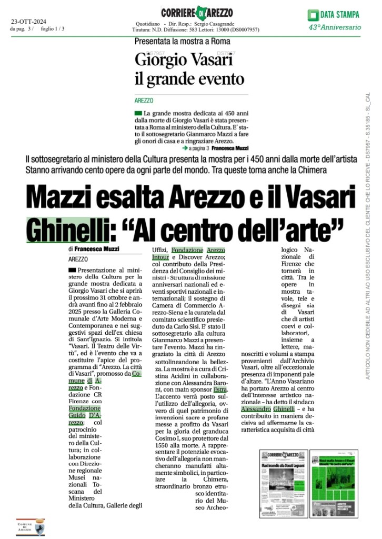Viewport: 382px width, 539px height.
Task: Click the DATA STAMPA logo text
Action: click(340, 14)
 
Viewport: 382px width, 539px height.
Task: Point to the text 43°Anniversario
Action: click(335, 27)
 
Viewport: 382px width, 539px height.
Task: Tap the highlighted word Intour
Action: click(160, 257)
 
